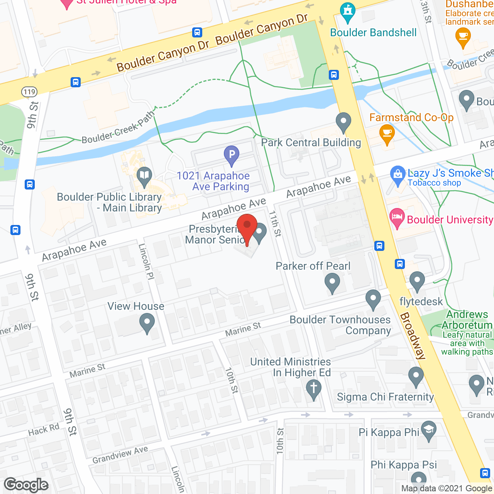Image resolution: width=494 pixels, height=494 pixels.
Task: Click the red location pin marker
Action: pos(247,226)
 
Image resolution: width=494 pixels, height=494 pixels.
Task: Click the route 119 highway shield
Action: pos(29,92)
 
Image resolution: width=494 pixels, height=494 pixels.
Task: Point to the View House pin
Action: pos(147,322)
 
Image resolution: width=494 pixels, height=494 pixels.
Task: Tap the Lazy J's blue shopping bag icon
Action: pos(398,174)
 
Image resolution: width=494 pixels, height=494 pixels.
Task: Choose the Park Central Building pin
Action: pos(343,122)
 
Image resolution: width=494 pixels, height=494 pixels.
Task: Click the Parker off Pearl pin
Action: pos(332,282)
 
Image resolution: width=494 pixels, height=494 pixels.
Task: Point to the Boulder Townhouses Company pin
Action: pos(373,299)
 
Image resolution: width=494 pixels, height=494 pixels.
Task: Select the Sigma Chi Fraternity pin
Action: pos(416,376)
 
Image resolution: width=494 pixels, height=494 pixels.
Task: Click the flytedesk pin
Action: pos(417,281)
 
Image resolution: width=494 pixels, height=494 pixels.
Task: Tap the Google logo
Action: pos(26,485)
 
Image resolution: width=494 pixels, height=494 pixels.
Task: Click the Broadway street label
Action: pos(413,336)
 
